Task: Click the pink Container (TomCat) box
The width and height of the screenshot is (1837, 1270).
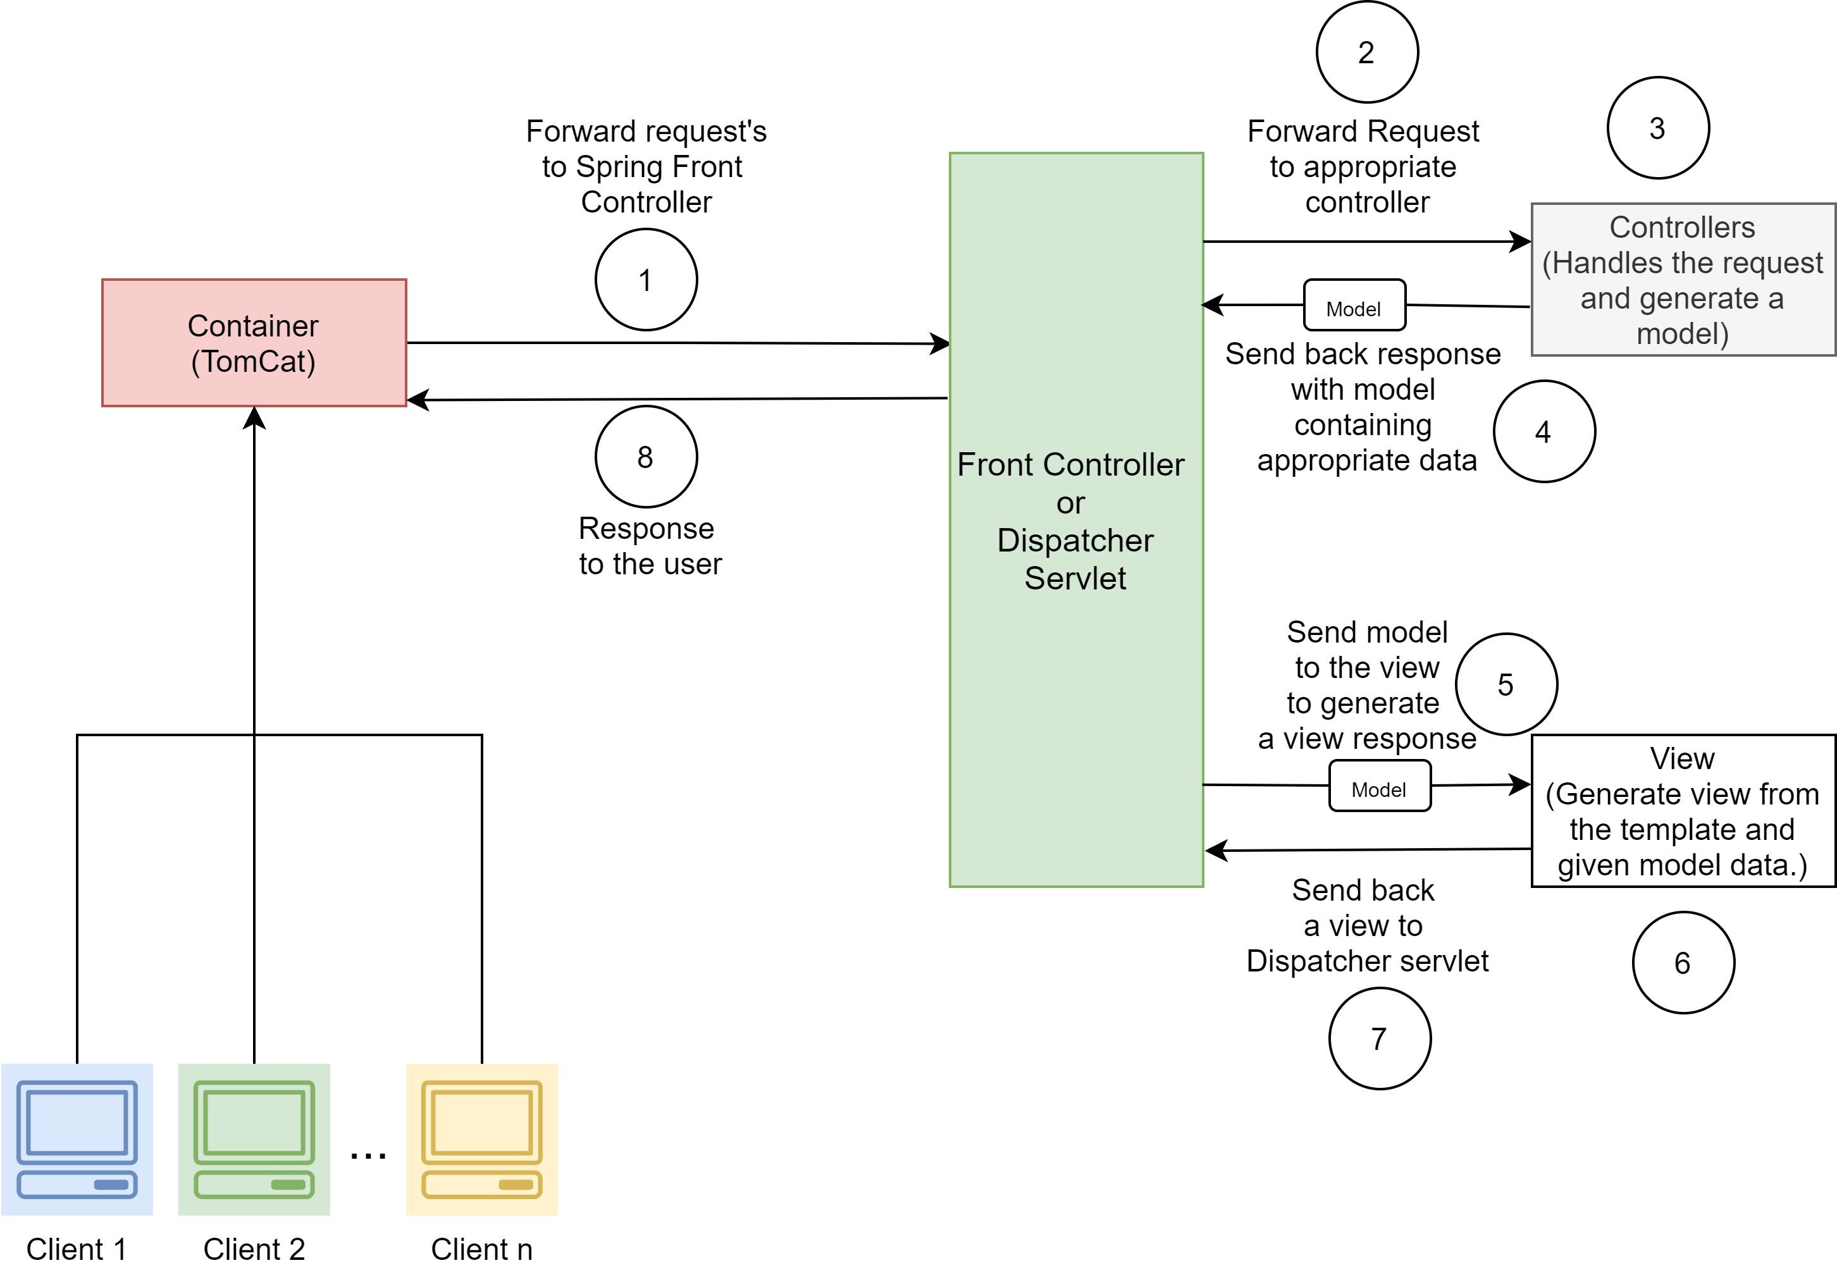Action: pyautogui.click(x=254, y=343)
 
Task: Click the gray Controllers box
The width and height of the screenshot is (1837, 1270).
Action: pyautogui.click(x=1683, y=280)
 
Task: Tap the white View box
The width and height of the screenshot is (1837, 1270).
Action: pyautogui.click(x=1683, y=811)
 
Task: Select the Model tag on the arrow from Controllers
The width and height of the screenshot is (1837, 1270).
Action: pyautogui.click(x=1354, y=305)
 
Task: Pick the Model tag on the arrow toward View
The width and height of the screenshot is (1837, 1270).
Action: pyautogui.click(x=1380, y=786)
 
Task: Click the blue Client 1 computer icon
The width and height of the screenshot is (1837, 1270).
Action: pyautogui.click(x=77, y=1140)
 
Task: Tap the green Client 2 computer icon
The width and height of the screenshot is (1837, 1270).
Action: pyautogui.click(x=254, y=1140)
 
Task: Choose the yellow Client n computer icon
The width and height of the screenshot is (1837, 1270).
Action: pyautogui.click(x=481, y=1140)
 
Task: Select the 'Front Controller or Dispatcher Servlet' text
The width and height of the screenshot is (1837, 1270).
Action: pyautogui.click(x=1072, y=521)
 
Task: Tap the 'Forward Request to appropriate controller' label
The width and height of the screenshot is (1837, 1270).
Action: pyautogui.click(x=1363, y=166)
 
